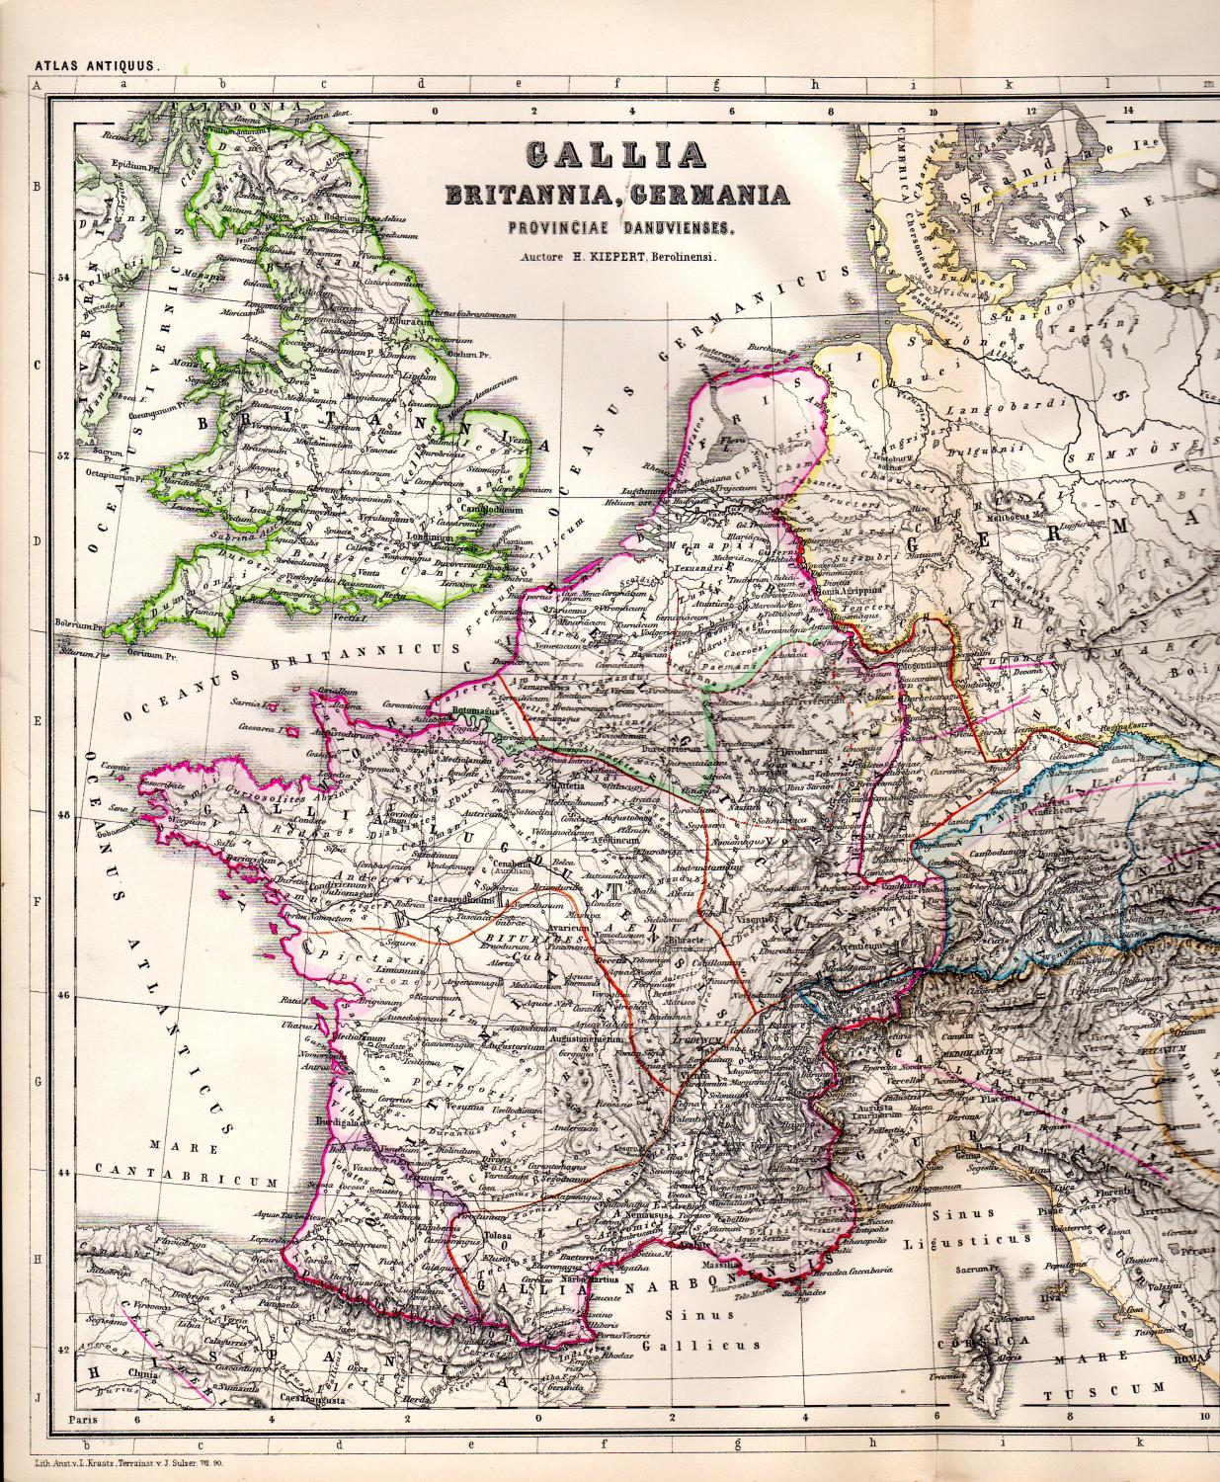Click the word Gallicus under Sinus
[700, 1344]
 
